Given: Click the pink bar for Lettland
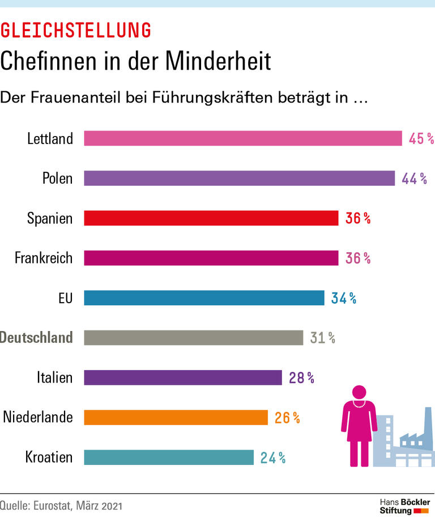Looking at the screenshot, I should pos(243,138).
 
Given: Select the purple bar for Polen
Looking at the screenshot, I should pos(239,178).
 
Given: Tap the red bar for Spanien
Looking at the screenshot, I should pos(211,218).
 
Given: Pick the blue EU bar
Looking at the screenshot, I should pos(204,298).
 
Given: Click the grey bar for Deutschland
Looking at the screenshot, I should pos(194,338).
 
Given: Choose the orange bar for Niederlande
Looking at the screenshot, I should pos(176,418).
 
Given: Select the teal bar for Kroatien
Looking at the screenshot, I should pos(169,457).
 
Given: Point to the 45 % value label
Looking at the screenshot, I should pos(421,138).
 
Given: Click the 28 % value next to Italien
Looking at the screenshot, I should pos(301,377).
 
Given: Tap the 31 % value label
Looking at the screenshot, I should pos(323,338).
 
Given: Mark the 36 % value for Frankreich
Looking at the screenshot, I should pos(358,258).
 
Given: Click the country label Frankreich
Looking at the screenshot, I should pos(44,258).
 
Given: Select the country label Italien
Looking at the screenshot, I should pos(54,377).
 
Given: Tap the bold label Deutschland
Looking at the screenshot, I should pos(37,338).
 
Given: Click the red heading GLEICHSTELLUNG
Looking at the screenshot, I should pos(76,30).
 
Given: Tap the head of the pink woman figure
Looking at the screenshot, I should pos(359,392).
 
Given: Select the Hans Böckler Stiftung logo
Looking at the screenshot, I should pos(404,506).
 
